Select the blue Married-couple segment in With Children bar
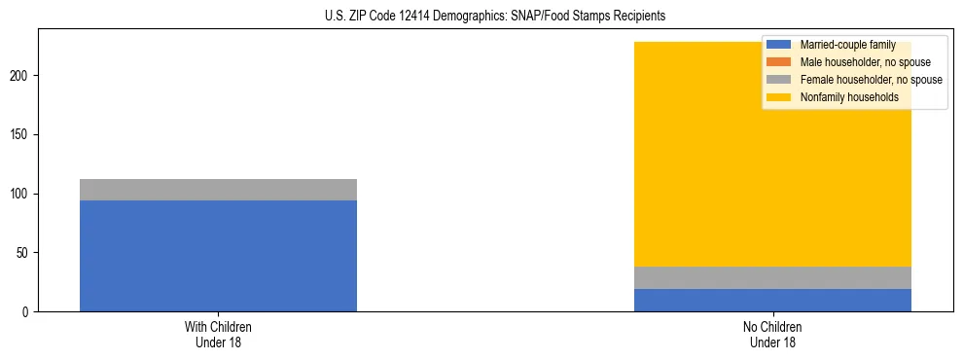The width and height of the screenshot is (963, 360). (x=218, y=256)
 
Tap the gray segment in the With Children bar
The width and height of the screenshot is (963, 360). (x=218, y=190)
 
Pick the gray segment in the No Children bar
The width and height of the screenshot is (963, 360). (x=772, y=277)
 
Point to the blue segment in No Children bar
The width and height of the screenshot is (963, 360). (x=772, y=301)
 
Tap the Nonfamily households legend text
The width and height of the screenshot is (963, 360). (x=841, y=97)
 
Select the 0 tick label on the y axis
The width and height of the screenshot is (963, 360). (x=28, y=312)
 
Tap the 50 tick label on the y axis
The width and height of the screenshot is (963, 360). (x=25, y=253)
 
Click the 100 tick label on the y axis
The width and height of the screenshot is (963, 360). (x=22, y=194)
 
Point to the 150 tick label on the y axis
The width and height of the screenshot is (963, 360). (x=22, y=134)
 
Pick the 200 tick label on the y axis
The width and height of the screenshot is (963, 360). (x=22, y=75)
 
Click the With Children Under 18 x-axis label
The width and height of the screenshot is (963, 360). (x=218, y=334)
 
